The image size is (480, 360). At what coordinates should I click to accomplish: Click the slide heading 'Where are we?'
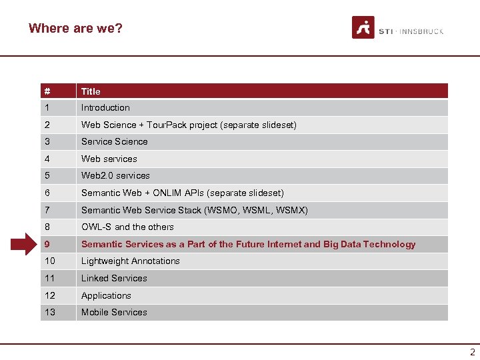pyautogui.click(x=75, y=28)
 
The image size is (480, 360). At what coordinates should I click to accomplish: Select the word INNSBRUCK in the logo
pyautogui.click(x=422, y=31)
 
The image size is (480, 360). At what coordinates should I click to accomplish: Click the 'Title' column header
pyautogui.click(x=91, y=91)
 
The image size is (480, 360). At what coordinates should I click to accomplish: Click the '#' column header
pyautogui.click(x=47, y=91)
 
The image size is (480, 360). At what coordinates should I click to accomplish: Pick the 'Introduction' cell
pyautogui.click(x=105, y=107)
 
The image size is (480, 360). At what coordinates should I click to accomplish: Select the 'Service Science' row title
pyautogui.click(x=114, y=141)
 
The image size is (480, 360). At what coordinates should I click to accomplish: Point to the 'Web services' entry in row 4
pyautogui.click(x=109, y=159)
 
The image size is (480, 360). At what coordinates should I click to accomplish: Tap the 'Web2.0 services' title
pyautogui.click(x=115, y=175)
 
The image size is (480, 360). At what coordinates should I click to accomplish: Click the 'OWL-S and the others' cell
pyautogui.click(x=127, y=227)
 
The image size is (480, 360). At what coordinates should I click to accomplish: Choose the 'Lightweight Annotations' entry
pyautogui.click(x=131, y=261)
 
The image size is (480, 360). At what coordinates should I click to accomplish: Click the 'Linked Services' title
pyautogui.click(x=114, y=278)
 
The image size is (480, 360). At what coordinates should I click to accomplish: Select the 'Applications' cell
pyautogui.click(x=106, y=295)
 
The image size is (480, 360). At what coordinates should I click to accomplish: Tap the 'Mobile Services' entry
pyautogui.click(x=114, y=312)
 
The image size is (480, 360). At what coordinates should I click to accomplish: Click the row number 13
pyautogui.click(x=50, y=312)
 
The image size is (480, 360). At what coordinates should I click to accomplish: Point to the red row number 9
pyautogui.click(x=47, y=244)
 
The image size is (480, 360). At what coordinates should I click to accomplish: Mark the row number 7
pyautogui.click(x=47, y=210)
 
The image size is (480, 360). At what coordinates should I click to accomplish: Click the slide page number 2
pyautogui.click(x=473, y=352)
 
